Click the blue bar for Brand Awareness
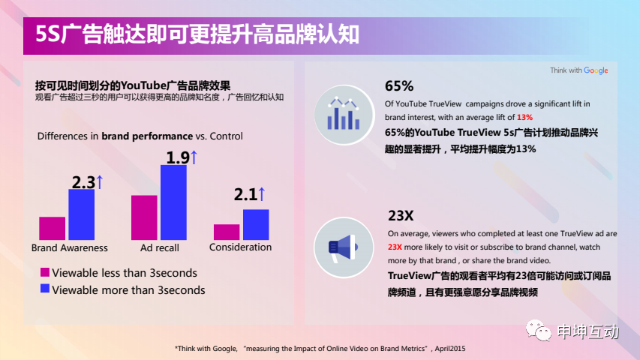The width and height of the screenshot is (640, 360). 81,214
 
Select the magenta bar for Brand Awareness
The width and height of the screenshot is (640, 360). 53,228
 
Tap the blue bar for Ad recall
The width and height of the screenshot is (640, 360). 173,202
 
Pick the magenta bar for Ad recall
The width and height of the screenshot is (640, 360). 144,217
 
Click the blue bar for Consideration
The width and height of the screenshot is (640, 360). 256,225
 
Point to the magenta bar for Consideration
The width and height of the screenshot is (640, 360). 227,232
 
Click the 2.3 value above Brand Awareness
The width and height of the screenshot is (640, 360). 84,182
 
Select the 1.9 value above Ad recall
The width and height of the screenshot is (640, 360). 178,158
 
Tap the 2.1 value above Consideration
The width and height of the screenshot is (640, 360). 245,195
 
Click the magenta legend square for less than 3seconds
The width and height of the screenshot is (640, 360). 45,272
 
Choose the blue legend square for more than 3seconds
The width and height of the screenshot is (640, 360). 45,289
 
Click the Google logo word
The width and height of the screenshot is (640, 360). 596,70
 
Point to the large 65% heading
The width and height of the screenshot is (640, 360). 399,86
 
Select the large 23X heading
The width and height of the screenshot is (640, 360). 401,215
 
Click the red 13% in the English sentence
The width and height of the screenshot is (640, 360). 525,118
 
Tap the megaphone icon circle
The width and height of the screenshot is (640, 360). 344,247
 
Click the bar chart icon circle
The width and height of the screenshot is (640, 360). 344,115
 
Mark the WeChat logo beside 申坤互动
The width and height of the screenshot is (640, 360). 539,330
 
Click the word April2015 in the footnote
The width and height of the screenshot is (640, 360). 449,349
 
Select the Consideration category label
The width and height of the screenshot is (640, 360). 240,247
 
